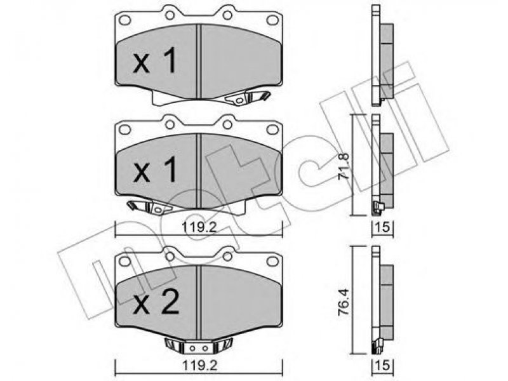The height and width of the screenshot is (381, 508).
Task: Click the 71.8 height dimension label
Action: pyautogui.click(x=343, y=166)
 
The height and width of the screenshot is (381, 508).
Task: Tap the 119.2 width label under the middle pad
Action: pyautogui.click(x=199, y=227)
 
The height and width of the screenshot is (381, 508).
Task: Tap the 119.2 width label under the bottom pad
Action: pyautogui.click(x=199, y=366)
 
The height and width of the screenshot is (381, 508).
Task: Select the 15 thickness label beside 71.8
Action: pyautogui.click(x=383, y=227)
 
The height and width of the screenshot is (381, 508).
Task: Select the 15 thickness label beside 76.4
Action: pyautogui.click(x=383, y=366)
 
